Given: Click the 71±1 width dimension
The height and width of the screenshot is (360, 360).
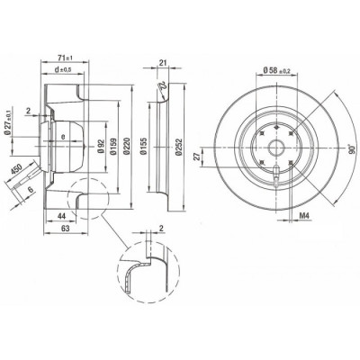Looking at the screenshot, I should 63,56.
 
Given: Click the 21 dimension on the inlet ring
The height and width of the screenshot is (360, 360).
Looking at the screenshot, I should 161,61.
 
